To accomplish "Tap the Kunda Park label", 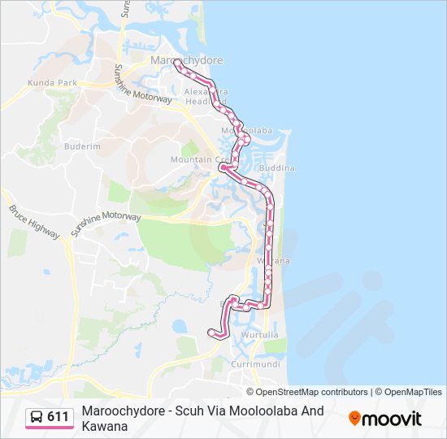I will [x=51, y=83].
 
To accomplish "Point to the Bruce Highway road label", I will [x=34, y=221].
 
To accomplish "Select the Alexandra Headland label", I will [x=207, y=96].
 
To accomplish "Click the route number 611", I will [x=58, y=417].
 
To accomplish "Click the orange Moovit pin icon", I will [x=354, y=418].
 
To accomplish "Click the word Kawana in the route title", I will [x=105, y=426].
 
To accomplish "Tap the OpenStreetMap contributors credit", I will [x=302, y=392].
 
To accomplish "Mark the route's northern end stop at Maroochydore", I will [x=176, y=63].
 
